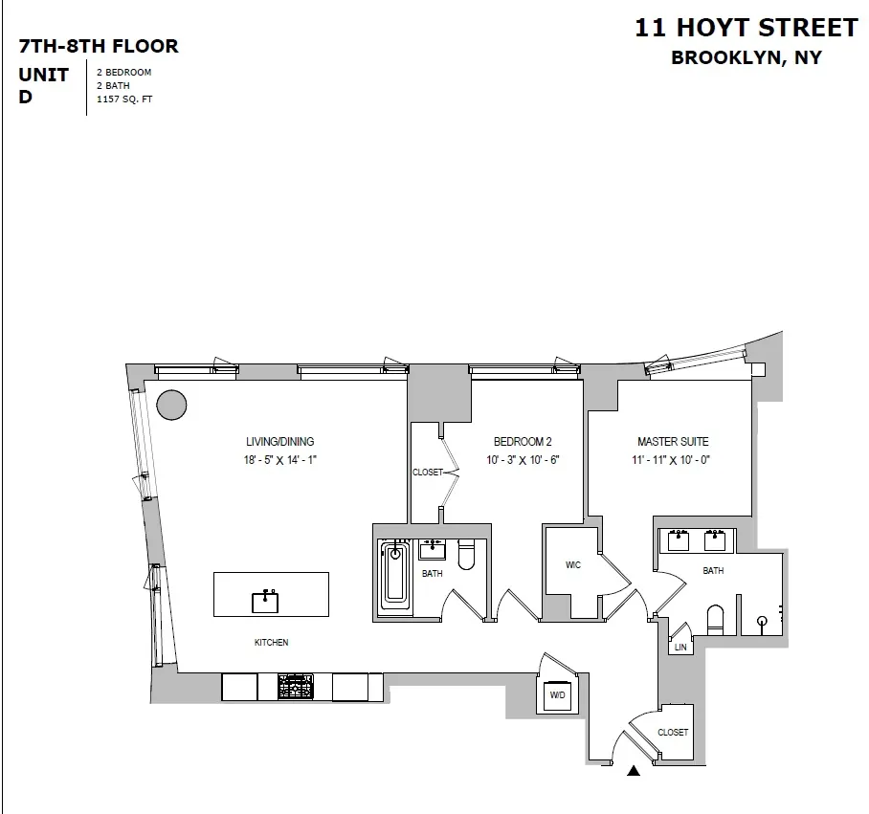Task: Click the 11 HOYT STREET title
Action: point(746,27)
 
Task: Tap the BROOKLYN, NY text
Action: point(746,57)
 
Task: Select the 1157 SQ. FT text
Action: point(124,99)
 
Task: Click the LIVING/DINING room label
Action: point(279,442)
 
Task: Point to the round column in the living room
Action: point(171,405)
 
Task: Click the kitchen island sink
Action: point(265,601)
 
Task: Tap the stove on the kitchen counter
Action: point(296,687)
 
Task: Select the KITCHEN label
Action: point(271,643)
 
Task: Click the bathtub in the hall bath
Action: point(394,574)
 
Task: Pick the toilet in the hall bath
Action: point(466,555)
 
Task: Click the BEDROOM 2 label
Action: point(523,442)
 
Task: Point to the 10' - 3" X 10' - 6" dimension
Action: point(522,460)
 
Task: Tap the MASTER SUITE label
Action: point(673,442)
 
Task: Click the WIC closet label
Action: point(573,565)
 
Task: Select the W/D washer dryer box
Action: point(558,697)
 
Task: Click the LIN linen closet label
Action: point(680,648)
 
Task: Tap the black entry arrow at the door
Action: point(633,770)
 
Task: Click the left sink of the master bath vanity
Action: point(680,540)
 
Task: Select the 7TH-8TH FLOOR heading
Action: point(99,46)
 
